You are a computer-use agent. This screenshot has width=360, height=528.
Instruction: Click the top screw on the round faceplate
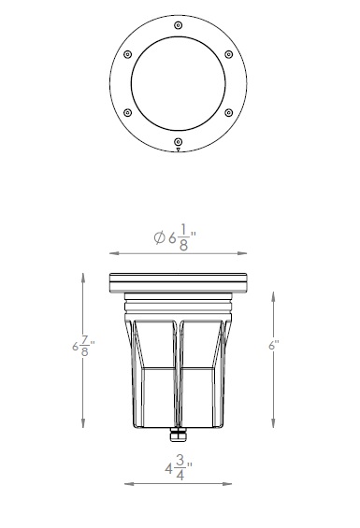pos(179,25)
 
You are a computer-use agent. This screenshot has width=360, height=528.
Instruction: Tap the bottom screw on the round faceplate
pos(179,142)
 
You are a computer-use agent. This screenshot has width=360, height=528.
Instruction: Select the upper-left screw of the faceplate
pos(128,54)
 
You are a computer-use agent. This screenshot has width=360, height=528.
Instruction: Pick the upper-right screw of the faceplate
pos(229,54)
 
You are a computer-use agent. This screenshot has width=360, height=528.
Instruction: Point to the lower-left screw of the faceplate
pos(128,113)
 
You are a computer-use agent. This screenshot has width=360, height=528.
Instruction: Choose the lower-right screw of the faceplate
pos(229,113)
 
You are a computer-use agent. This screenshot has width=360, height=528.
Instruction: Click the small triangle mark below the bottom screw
pos(179,150)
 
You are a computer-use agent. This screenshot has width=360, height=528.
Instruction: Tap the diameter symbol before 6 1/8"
pos(160,237)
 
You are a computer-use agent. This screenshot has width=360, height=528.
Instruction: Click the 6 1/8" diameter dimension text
pos(175,237)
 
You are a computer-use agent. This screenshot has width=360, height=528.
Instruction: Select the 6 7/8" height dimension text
pos(83,346)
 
